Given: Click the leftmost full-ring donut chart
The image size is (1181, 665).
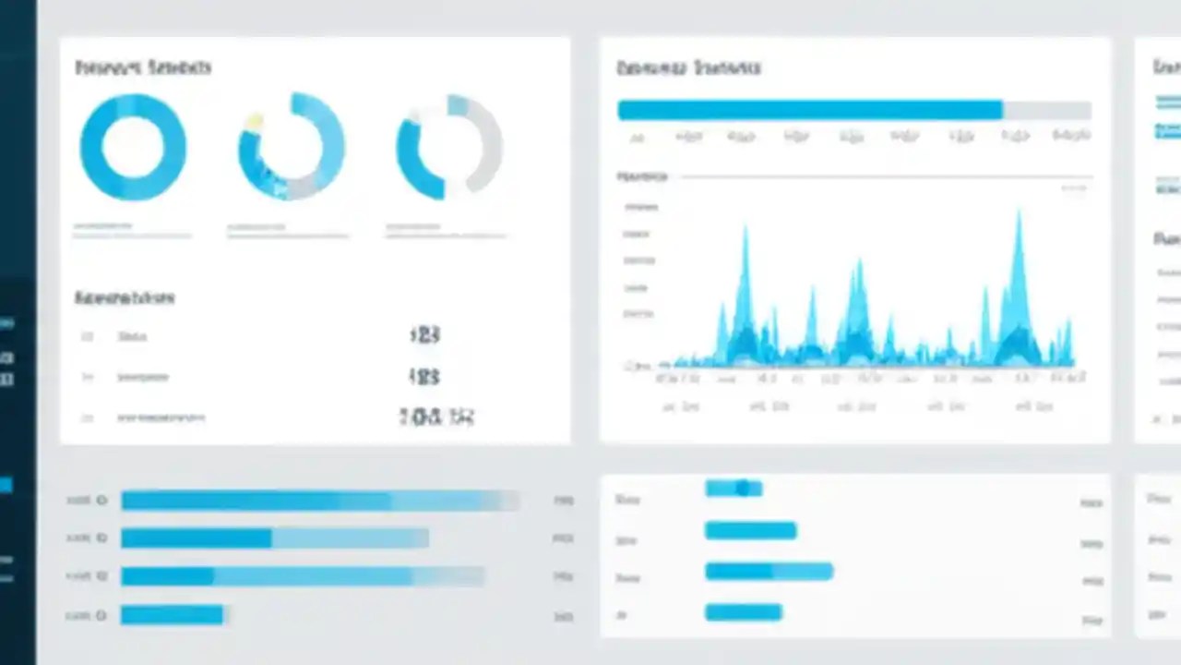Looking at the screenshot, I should pyautogui.click(x=133, y=147).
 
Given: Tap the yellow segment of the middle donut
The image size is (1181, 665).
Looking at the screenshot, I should pyautogui.click(x=253, y=121).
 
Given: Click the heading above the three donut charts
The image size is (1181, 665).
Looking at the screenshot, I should pyautogui.click(x=143, y=67).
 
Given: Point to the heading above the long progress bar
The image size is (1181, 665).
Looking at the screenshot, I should pyautogui.click(x=688, y=67).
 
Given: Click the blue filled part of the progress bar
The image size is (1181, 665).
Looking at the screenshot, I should pyautogui.click(x=809, y=111).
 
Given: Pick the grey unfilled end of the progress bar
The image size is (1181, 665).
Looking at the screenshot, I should pyautogui.click(x=1046, y=111).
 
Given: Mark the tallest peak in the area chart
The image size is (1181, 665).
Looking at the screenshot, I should pyautogui.click(x=1019, y=222).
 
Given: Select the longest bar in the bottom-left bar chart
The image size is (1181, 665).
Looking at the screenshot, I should pyautogui.click(x=318, y=501).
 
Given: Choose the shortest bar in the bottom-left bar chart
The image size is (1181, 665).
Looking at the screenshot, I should pyautogui.click(x=173, y=614).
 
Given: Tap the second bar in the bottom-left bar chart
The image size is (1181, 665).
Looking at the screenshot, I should pyautogui.click(x=274, y=538).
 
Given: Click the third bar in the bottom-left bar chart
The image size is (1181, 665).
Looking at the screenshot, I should pyautogui.click(x=302, y=576).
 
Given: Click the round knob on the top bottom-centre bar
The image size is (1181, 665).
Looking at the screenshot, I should pyautogui.click(x=744, y=488).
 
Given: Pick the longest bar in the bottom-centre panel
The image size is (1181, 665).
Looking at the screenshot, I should pyautogui.click(x=769, y=572).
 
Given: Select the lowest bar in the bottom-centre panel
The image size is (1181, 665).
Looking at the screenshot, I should pyautogui.click(x=743, y=611).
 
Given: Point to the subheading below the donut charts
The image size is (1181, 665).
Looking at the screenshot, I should pyautogui.click(x=125, y=298).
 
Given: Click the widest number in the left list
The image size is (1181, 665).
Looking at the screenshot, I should pyautogui.click(x=436, y=417).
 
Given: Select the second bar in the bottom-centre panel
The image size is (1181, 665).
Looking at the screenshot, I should pyautogui.click(x=750, y=530).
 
